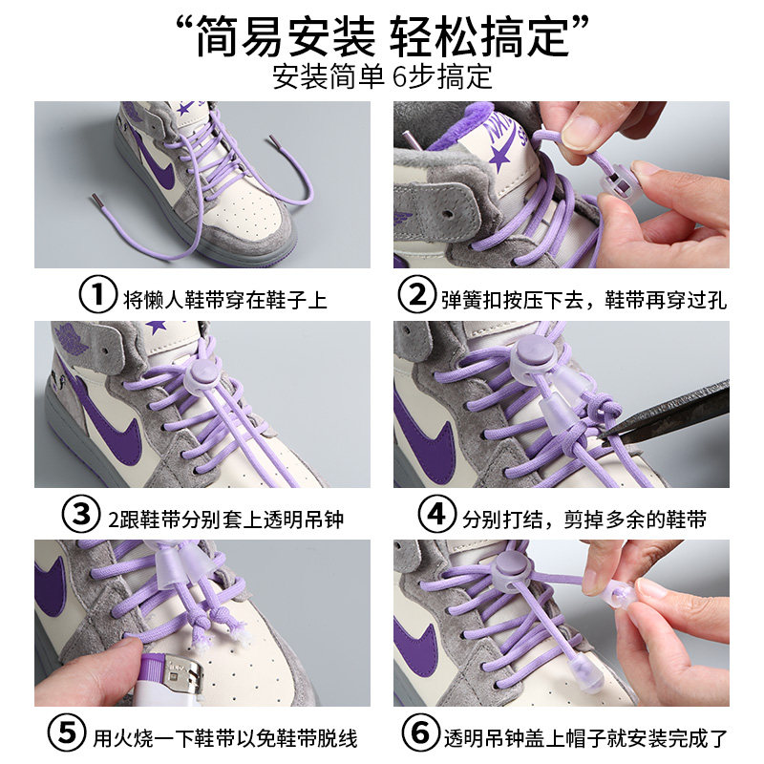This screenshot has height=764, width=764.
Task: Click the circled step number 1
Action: [95, 298]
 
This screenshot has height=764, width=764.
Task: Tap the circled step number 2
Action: [416, 298]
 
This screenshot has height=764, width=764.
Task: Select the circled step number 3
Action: [82, 518]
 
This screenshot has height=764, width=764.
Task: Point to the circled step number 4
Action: [436, 518]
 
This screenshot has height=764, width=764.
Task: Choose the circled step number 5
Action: [67, 736]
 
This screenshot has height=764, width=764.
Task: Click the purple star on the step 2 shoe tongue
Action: [499, 157]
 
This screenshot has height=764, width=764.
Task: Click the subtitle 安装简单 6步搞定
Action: [382, 76]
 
